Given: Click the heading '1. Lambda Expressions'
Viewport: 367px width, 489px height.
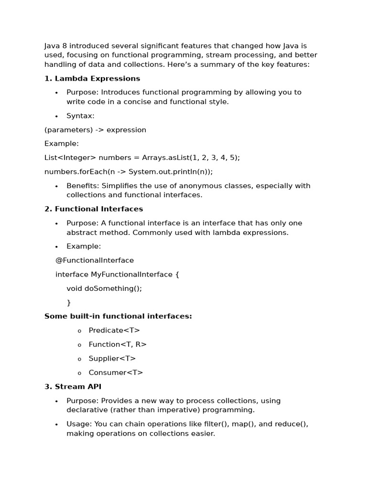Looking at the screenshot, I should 92,78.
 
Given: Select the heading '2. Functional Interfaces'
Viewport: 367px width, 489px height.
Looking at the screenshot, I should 94,209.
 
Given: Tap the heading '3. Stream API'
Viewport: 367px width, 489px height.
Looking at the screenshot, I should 73,386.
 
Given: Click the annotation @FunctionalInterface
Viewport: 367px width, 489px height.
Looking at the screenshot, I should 95,260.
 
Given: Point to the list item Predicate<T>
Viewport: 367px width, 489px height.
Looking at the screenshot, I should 114,330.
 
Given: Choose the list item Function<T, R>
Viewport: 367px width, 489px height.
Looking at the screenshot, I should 118,344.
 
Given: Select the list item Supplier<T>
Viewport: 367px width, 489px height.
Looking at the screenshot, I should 112,358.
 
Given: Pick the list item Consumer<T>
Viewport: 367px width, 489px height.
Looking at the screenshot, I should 116,372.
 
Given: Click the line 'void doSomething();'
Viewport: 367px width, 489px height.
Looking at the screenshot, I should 104,288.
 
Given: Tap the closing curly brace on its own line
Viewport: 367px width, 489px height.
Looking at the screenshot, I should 69,302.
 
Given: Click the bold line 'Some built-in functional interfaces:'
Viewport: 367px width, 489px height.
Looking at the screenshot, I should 118,316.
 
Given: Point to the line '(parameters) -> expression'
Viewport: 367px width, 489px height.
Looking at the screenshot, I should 95,130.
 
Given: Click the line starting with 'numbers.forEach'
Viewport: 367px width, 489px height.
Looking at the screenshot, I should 129,171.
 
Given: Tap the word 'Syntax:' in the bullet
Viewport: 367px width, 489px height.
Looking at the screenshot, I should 80,116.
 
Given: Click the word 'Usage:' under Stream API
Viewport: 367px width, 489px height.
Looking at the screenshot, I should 79,424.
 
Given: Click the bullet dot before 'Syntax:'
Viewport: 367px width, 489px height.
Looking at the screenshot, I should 56,116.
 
